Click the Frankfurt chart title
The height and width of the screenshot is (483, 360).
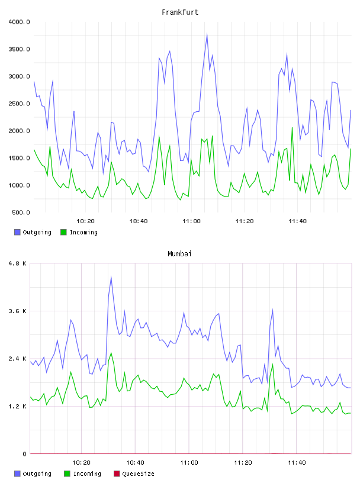[180, 12]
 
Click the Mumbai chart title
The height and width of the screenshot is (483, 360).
[179, 254]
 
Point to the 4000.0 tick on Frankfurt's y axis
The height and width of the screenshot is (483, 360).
[19, 22]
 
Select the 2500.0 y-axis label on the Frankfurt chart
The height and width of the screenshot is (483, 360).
[19, 104]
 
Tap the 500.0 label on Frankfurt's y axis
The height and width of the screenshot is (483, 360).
[21, 212]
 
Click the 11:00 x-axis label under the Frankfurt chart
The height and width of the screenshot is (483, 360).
[191, 221]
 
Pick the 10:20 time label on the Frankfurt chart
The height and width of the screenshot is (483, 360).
[85, 221]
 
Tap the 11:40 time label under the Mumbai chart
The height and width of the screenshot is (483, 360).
[297, 463]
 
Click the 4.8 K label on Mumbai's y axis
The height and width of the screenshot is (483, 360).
[18, 263]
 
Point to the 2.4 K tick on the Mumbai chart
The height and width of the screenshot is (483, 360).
[18, 359]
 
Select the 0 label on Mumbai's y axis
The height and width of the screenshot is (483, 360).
[24, 454]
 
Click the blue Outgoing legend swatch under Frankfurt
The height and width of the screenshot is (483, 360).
[17, 232]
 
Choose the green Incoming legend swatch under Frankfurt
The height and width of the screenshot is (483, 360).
[63, 232]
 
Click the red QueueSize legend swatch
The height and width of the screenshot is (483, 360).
[117, 474]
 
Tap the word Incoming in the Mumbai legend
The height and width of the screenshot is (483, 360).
[87, 474]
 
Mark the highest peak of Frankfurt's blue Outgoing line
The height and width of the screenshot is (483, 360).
[207, 34]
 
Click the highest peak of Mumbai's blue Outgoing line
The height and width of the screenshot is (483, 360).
[111, 276]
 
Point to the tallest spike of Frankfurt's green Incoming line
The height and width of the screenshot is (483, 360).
[292, 127]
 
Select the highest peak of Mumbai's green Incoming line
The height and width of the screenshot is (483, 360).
[111, 353]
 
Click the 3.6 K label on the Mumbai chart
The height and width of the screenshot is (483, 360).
[18, 311]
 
